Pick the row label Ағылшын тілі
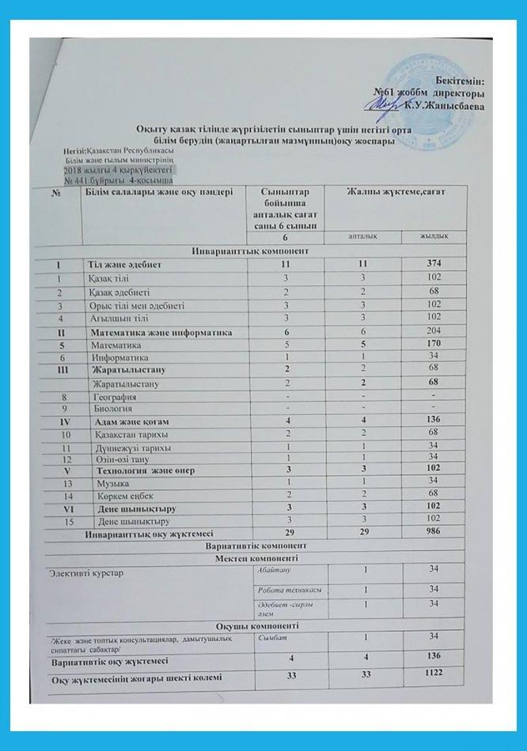pos(112,319)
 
